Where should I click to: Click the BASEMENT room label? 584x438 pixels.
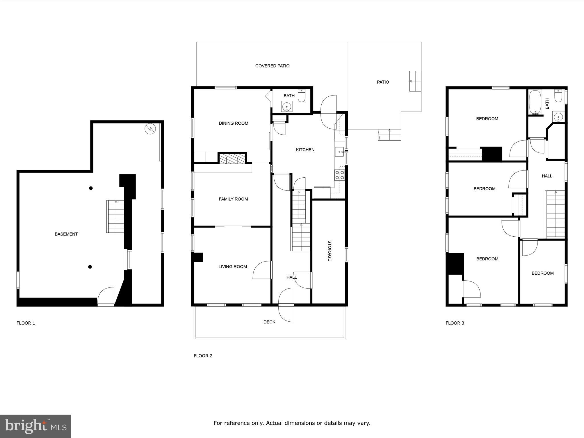[x=66, y=234]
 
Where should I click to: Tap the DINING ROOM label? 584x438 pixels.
[x=233, y=123]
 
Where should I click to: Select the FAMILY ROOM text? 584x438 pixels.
[x=233, y=199]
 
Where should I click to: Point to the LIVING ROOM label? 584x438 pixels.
[x=233, y=267]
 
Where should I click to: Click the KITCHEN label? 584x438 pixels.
[x=305, y=150]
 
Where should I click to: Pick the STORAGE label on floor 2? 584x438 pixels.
[x=330, y=251]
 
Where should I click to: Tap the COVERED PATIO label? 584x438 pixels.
[x=272, y=66]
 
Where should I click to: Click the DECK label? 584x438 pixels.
[x=269, y=322]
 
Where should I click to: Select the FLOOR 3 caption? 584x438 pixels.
[x=455, y=323]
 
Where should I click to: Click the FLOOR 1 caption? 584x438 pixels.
[x=26, y=323]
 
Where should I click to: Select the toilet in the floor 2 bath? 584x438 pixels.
[x=301, y=96]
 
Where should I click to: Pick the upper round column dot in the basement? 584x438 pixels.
[x=91, y=188]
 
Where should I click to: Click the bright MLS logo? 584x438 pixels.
[x=36, y=426]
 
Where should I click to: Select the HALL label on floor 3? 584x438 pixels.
[x=547, y=176]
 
